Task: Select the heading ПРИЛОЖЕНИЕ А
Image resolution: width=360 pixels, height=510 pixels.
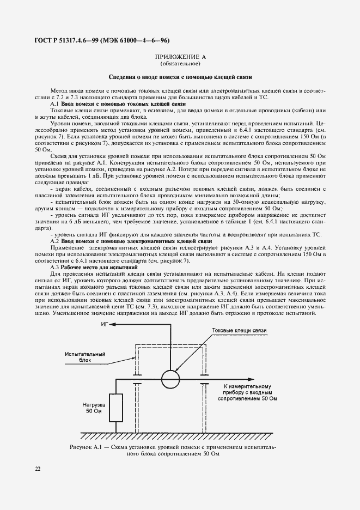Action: pyautogui.click(x=180, y=57)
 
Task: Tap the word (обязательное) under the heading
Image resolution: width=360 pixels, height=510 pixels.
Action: pyautogui.click(x=180, y=64)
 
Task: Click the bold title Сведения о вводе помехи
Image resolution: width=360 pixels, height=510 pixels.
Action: pyautogui.click(x=180, y=77)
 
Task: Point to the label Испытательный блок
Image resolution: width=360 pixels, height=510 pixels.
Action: pyautogui.click(x=84, y=357)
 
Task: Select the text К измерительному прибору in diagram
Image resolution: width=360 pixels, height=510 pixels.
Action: pyautogui.click(x=247, y=392)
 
